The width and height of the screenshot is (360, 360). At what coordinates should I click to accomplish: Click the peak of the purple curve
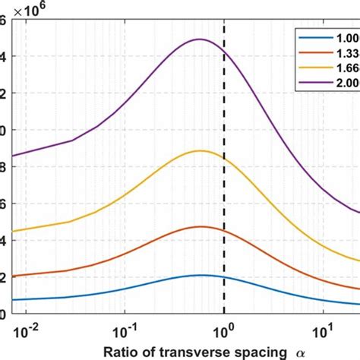point(200,39)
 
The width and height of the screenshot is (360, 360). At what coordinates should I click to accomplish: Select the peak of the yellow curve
point(200,150)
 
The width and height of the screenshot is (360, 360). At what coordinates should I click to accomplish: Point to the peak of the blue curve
point(200,275)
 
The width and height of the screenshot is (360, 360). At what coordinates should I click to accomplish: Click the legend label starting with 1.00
point(346,35)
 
